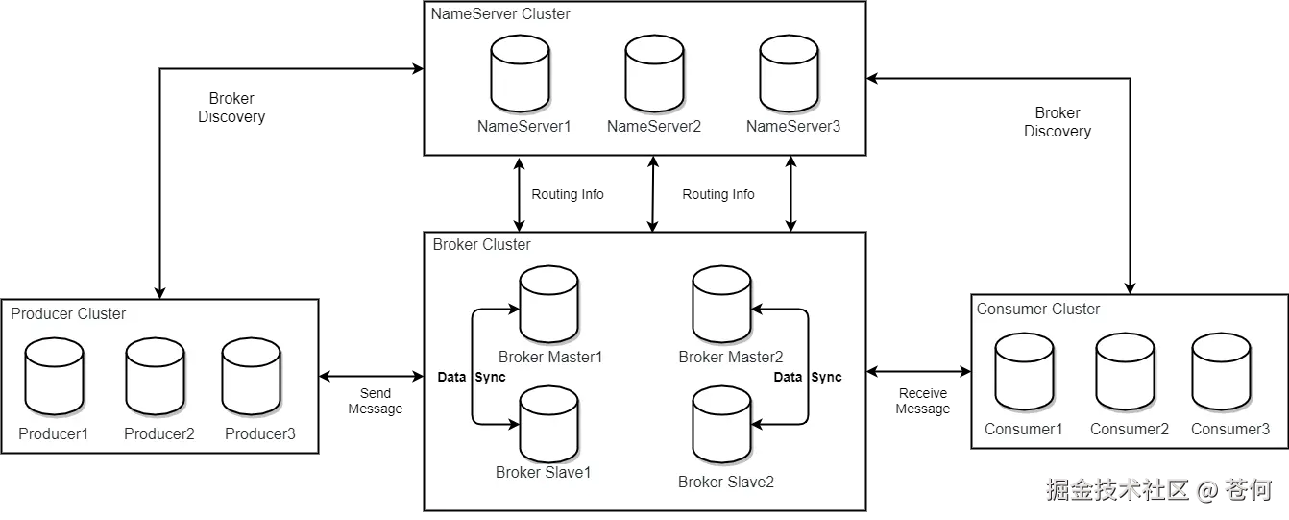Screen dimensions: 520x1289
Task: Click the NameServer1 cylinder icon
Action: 520,74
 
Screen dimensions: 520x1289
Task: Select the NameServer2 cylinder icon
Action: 654,74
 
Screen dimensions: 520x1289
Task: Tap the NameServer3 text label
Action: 792,126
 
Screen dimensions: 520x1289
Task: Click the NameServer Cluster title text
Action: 499,13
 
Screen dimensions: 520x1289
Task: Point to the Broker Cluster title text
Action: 481,244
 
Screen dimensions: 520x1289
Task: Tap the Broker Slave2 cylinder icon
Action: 721,427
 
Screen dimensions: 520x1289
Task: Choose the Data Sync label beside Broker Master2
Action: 807,377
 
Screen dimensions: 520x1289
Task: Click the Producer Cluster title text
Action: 68,313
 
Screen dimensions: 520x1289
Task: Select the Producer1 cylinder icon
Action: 54,376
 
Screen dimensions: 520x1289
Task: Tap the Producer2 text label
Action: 159,433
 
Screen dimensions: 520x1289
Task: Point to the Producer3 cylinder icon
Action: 251,376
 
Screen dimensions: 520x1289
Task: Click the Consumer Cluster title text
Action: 1038,309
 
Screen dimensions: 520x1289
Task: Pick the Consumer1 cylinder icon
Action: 1024,371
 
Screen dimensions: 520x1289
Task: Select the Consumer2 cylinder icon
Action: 1125,371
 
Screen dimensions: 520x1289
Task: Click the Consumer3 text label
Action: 1230,429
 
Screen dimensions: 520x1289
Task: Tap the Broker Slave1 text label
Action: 543,472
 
